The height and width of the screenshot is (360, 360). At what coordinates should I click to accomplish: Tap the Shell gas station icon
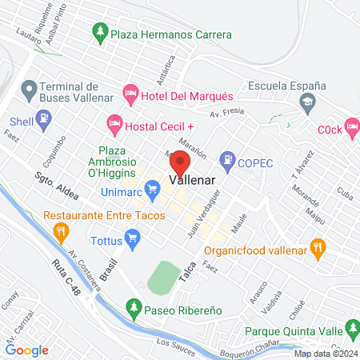pos(44,122)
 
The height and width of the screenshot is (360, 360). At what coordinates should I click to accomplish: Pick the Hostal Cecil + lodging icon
pos(114,125)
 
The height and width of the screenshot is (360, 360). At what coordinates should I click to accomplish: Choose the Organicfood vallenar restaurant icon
pos(318,247)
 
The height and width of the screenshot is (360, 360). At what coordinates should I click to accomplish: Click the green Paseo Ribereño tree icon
pos(134,306)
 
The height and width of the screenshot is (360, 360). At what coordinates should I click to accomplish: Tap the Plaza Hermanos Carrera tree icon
pos(100,34)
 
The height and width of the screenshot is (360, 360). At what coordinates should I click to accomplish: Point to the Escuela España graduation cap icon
pos(306,102)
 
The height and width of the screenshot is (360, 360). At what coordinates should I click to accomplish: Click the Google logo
pos(27,350)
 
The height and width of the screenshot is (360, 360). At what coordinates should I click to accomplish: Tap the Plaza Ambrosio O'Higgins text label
pos(126,163)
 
